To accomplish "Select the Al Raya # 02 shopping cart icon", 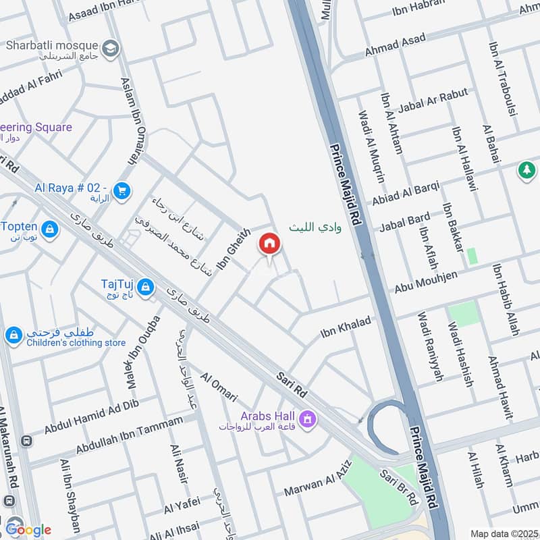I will coord(122,192).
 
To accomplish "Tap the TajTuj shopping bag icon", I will coord(144,289).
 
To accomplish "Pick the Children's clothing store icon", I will coord(13,335).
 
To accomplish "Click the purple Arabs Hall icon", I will coord(308,420).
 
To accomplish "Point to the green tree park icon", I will coord(526,170).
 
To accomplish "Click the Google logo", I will coord(28,529).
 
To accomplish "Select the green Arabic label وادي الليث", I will coord(311,228).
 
